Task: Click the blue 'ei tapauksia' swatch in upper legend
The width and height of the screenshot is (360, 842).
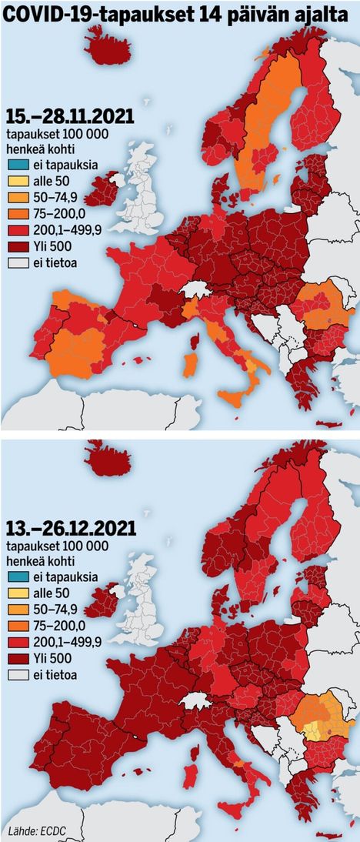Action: (18, 166)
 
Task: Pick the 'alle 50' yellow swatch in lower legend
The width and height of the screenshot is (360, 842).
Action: (18, 593)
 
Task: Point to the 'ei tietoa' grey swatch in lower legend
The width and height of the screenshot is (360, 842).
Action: (18, 675)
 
